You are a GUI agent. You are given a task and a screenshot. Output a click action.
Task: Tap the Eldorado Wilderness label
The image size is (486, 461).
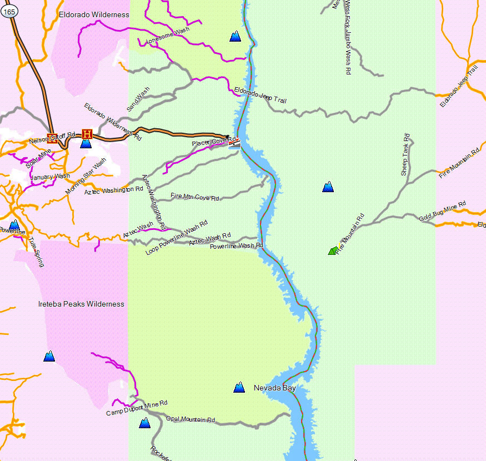(x=94, y=15)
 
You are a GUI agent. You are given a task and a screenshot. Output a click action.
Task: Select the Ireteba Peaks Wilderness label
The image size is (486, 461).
(x=81, y=304)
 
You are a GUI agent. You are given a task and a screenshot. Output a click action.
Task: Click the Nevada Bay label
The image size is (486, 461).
(x=274, y=388)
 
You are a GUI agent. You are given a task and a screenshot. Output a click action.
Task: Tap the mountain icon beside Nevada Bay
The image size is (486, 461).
(x=239, y=387)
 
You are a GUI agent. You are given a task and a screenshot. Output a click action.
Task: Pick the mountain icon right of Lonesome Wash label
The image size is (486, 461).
(x=236, y=37)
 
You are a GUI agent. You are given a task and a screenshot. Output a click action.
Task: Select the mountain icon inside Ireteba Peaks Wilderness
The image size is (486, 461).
(x=49, y=356)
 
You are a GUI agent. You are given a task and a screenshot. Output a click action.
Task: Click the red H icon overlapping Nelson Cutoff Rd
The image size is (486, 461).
(x=53, y=137)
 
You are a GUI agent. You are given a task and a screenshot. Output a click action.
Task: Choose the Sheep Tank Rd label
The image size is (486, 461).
(x=406, y=154)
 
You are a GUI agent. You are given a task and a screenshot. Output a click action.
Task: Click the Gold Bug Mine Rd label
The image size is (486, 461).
(x=442, y=212)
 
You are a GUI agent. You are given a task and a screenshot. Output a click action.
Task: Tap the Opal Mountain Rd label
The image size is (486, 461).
(x=191, y=419)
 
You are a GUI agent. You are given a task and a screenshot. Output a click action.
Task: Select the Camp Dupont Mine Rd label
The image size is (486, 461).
(x=137, y=408)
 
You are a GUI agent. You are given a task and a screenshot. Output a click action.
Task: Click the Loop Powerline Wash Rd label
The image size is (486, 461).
(x=176, y=238)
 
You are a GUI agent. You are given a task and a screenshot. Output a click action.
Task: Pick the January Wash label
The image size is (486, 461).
(x=50, y=177)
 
